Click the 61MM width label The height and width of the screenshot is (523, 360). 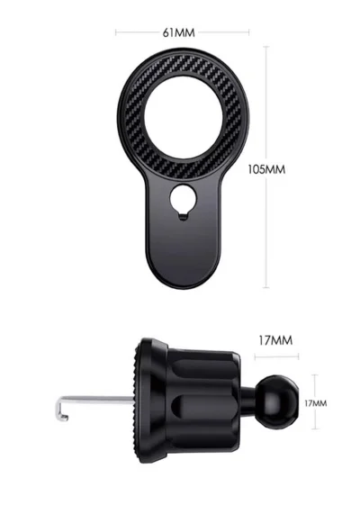pyautogui.click(x=178, y=32)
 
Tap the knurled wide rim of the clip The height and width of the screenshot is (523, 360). pyautogui.click(x=136, y=396)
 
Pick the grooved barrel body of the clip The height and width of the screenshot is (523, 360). pyautogui.click(x=198, y=396)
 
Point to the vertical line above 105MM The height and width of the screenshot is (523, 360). pyautogui.click(x=266, y=99)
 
